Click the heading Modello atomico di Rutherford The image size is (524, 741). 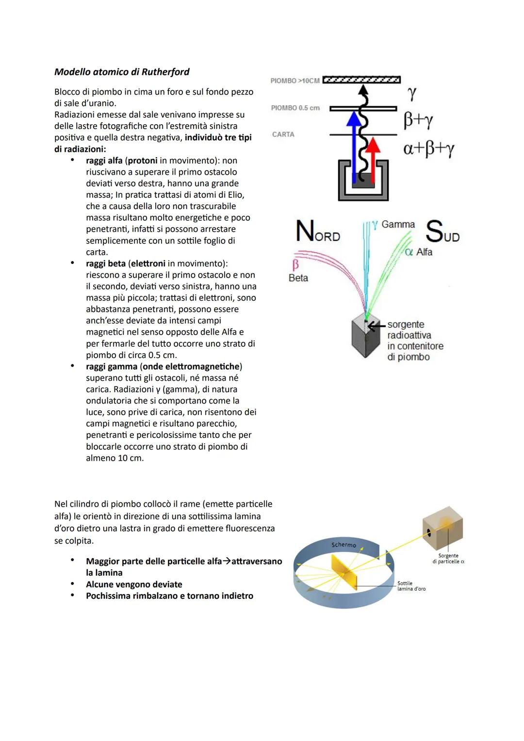122,72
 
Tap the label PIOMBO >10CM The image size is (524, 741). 295,81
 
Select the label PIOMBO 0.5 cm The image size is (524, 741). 295,108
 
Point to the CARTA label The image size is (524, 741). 283,134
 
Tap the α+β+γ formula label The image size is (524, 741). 428,148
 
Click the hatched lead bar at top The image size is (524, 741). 361,80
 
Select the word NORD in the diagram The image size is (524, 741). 318,231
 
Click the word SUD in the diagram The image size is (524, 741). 442,232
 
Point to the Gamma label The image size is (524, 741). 398,225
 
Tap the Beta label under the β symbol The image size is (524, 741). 298,278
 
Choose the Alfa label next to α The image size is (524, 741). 424,252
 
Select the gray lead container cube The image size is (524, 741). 366,337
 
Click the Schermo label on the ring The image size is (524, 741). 344,545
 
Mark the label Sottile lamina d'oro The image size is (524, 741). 411,586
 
